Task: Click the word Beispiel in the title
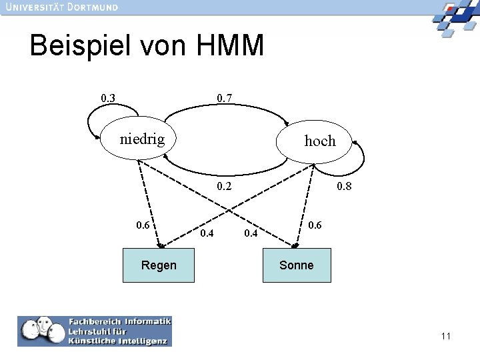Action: click(81, 47)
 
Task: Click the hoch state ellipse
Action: click(319, 142)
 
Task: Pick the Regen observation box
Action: click(159, 265)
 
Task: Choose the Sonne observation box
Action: click(297, 265)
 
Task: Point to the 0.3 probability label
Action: click(107, 99)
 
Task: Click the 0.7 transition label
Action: click(225, 99)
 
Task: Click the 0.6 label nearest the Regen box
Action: click(143, 225)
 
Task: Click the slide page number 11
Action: click(445, 336)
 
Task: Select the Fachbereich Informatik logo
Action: click(95, 331)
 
